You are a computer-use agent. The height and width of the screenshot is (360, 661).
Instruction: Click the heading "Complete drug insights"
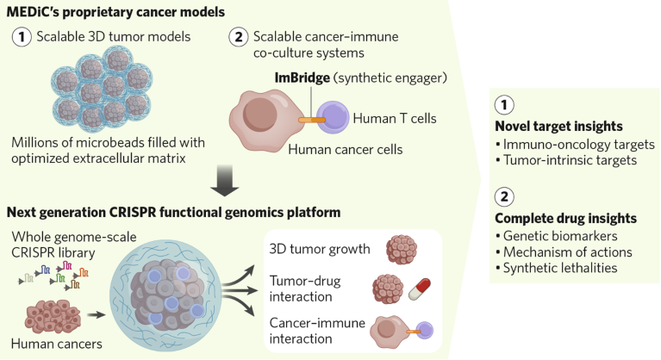564,218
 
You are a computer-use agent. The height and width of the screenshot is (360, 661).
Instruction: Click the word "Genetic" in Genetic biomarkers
525,235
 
